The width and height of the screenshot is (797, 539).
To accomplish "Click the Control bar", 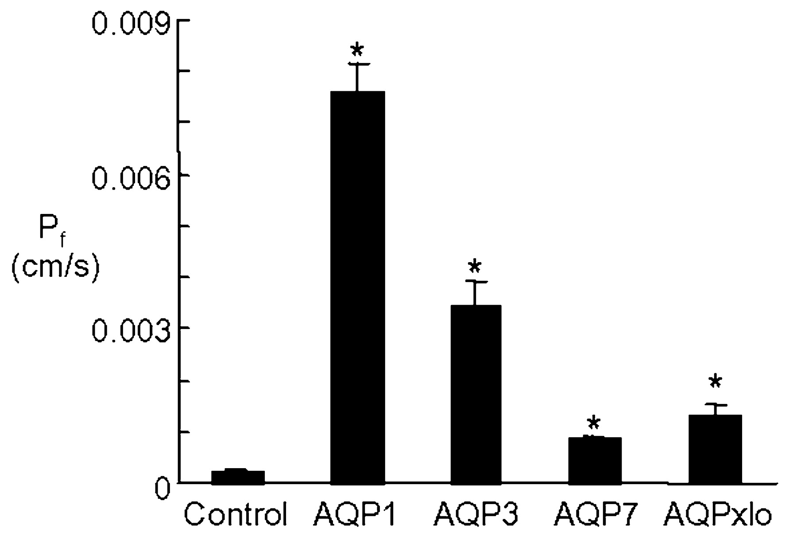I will point(238,477).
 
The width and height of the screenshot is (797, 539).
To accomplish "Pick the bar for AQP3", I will point(476,394).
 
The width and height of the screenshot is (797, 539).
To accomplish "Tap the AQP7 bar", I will point(594,460).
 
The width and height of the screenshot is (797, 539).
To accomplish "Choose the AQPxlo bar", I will point(715,449).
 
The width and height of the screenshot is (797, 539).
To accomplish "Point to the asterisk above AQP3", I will point(474,267).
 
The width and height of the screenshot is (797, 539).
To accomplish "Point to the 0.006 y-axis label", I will point(131,178).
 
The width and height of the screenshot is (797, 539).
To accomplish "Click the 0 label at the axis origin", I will point(162,489).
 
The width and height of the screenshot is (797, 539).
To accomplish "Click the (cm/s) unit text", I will point(55,268).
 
